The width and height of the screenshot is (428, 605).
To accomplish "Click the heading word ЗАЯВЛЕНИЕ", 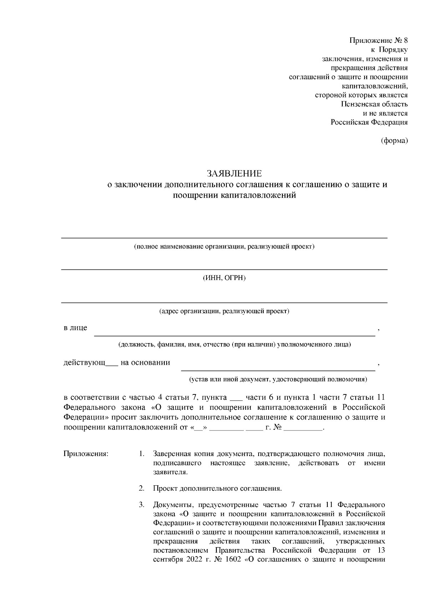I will [x=234, y=174].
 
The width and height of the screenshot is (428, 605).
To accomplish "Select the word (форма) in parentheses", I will [x=394, y=141].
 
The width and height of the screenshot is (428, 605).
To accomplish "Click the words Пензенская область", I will [x=374, y=104].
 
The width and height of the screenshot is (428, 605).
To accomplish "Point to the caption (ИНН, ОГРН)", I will [x=224, y=278].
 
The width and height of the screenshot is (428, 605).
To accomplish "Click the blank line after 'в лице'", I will [x=234, y=334].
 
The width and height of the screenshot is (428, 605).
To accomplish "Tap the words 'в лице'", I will [x=75, y=328].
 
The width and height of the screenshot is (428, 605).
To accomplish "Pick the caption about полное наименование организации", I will [x=224, y=247].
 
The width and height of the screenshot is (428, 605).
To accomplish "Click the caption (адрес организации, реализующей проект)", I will [x=224, y=311].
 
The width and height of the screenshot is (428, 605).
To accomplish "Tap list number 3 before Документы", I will [x=142, y=505].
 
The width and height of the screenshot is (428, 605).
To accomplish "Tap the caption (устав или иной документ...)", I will [x=278, y=379].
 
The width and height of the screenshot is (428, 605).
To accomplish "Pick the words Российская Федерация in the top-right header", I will [x=369, y=122].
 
